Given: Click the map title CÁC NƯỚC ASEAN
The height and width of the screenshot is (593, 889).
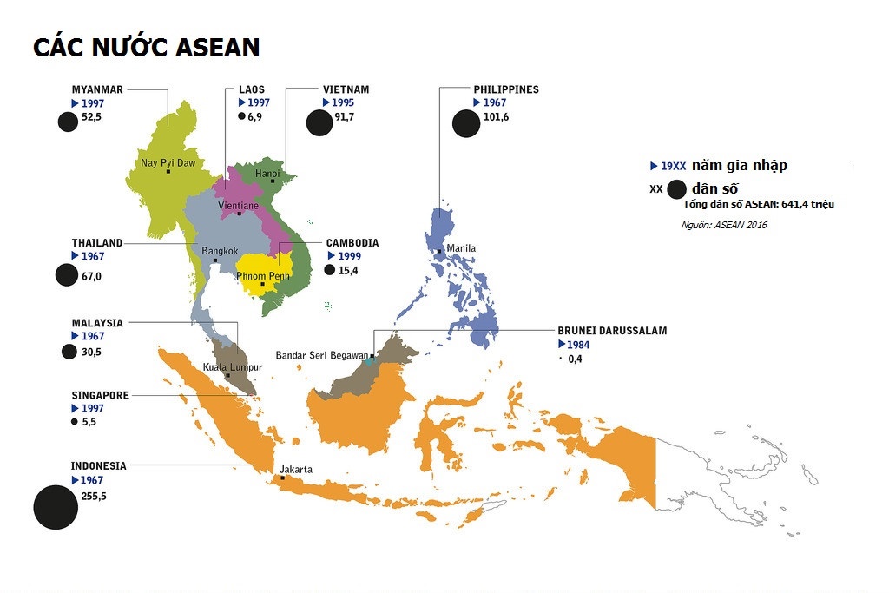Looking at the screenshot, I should [x=146, y=47].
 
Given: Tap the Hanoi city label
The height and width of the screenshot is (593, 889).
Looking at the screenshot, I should [x=267, y=174].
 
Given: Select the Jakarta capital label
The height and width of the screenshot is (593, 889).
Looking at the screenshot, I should [x=295, y=470].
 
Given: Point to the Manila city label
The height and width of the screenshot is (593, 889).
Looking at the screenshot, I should [x=461, y=248].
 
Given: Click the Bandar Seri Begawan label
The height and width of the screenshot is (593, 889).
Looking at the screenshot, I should [x=321, y=355].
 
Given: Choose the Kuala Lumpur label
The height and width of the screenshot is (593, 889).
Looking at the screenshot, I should [x=232, y=367].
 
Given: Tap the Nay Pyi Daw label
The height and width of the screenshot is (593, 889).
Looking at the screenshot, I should [x=168, y=162].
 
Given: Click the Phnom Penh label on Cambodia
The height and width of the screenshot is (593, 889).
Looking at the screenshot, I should [x=263, y=276].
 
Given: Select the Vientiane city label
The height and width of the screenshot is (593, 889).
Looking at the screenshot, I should [x=238, y=206].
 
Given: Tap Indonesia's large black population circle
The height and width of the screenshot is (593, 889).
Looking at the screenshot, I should [x=56, y=508].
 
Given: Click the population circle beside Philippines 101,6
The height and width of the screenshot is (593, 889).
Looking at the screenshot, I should [x=466, y=124].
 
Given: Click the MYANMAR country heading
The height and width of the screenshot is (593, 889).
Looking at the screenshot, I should [x=97, y=89].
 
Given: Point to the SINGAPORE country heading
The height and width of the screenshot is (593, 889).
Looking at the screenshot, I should [x=100, y=396].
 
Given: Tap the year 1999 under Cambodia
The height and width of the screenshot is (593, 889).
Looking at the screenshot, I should [x=349, y=257].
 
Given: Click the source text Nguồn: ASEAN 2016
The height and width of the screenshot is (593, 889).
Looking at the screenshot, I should [x=724, y=225].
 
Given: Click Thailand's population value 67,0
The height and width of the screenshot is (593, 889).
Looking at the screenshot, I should [x=91, y=276].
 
